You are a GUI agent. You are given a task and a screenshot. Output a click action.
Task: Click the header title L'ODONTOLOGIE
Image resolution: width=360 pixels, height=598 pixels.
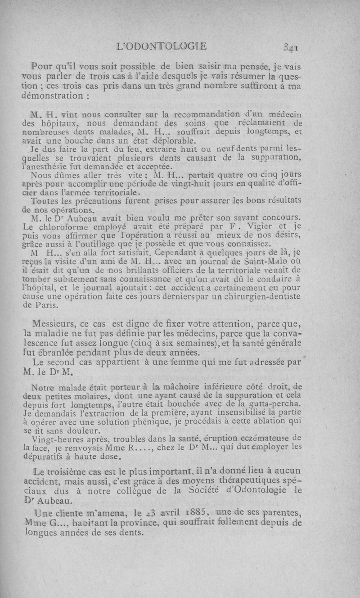click(162, 45)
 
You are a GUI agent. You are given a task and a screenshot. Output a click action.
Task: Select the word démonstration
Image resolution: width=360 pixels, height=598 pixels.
click(52, 96)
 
